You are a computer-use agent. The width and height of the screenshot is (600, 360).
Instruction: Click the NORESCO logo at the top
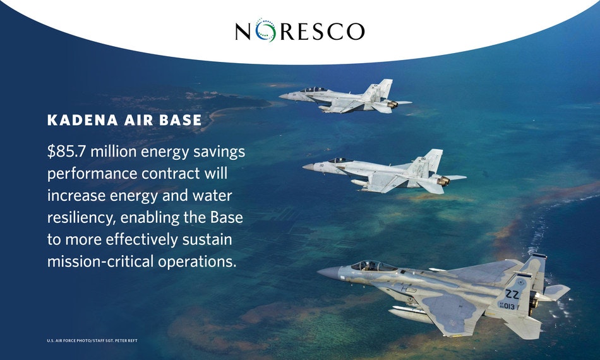pyautogui.click(x=300, y=30)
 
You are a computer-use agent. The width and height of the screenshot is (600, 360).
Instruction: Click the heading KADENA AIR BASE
pyautogui.click(x=124, y=120)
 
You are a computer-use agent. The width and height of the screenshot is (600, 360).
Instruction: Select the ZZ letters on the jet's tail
pyautogui.click(x=512, y=294)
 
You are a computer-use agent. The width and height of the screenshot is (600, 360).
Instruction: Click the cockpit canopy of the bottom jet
pyautogui.click(x=373, y=266)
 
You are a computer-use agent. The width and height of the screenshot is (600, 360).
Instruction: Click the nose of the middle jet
pyautogui.click(x=308, y=167)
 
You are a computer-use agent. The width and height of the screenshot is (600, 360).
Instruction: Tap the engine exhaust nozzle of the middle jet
pyautogui.click(x=444, y=181)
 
